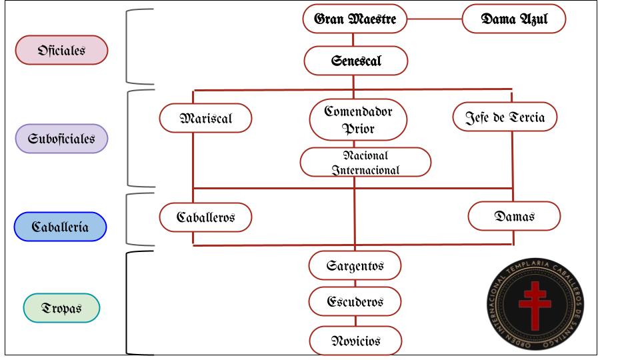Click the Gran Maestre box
355,19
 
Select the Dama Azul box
514,19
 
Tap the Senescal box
356,61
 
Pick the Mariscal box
206,119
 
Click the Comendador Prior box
358,119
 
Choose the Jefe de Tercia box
505,117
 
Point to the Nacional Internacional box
365,163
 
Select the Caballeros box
206,217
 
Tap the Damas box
514,216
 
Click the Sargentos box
355,266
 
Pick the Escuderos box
355,301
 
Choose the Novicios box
355,341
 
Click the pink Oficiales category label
61,50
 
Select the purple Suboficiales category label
61,139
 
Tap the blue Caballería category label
61,227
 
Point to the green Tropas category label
61,308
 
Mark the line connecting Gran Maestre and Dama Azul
435,19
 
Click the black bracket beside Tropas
127,303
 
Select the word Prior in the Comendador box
358,129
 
